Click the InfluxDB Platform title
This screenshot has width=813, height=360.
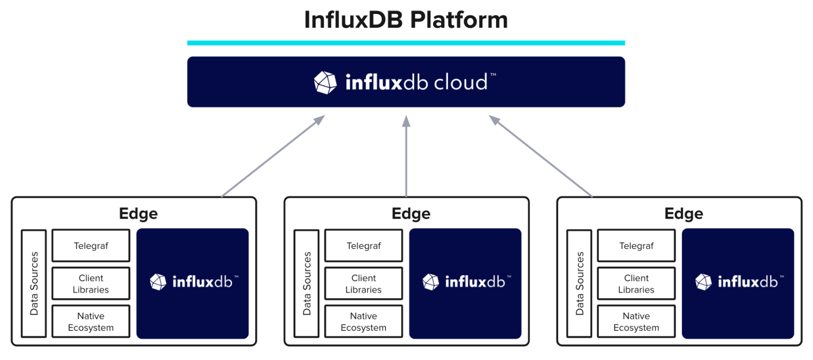[x=406, y=20]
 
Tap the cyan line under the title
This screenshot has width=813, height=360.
[x=406, y=43]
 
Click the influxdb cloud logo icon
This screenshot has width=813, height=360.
[x=325, y=82]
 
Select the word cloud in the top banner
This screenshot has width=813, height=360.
[x=461, y=82]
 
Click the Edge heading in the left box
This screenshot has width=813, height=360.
[x=138, y=214]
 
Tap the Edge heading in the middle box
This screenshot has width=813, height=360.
[x=411, y=214]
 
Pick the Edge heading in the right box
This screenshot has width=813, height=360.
[x=684, y=214]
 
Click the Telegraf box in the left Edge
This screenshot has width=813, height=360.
[x=91, y=246]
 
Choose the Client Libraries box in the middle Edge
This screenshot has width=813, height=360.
[x=364, y=284]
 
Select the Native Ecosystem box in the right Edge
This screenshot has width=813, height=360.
[x=636, y=321]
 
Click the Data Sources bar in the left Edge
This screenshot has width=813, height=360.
[x=34, y=284]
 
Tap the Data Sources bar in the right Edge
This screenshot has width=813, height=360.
[x=579, y=284]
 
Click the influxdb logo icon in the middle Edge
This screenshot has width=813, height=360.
[x=431, y=282]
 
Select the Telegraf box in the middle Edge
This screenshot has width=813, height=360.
[x=364, y=246]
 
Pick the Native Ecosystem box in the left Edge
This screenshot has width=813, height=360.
[x=91, y=321]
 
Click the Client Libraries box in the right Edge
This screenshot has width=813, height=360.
[x=636, y=284]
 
